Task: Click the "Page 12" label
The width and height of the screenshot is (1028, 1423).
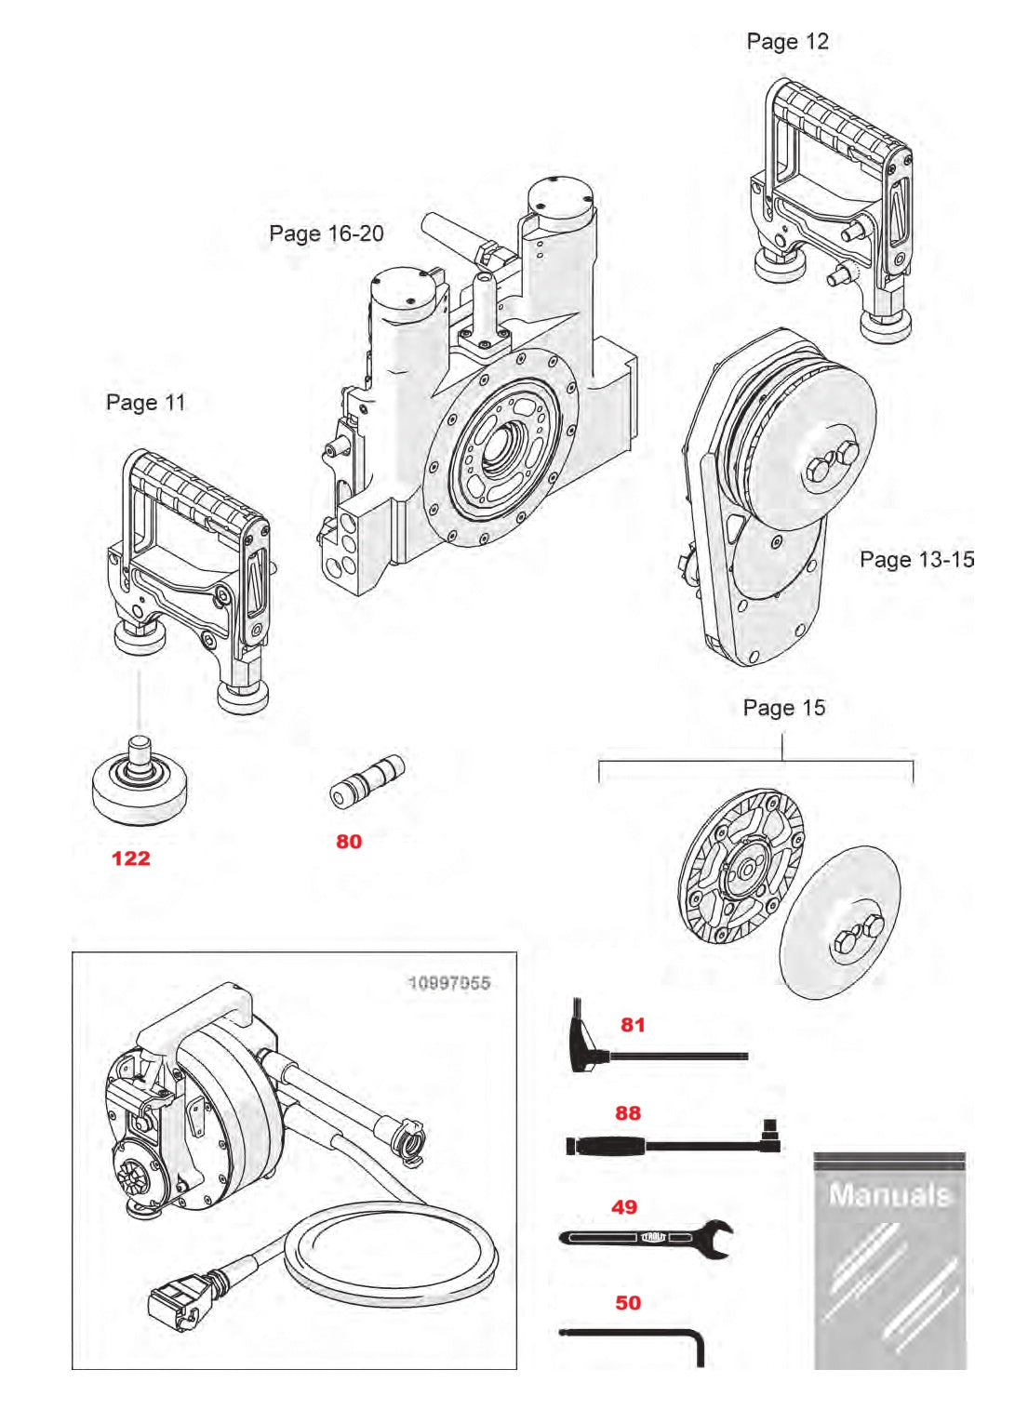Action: click(786, 42)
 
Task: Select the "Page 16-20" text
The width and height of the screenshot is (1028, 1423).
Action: click(326, 233)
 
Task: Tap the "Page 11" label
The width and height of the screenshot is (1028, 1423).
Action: click(145, 403)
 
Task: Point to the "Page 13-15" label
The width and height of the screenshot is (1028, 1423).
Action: click(915, 559)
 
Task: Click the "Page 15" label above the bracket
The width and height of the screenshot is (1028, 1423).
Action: click(783, 708)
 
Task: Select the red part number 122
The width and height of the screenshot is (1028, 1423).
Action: click(130, 858)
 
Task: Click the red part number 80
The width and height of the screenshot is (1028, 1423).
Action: click(349, 842)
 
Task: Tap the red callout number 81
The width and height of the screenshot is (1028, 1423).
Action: click(633, 1025)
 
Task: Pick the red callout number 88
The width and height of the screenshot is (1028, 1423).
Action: click(628, 1113)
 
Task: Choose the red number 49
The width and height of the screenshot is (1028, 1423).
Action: click(624, 1207)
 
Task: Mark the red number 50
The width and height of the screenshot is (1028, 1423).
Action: click(628, 1303)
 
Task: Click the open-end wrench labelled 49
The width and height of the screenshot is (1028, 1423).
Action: click(651, 1238)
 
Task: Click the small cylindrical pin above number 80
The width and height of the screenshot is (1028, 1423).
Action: click(367, 781)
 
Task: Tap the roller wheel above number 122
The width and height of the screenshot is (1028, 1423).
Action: click(140, 786)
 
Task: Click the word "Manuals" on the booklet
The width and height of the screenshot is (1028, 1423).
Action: click(889, 1195)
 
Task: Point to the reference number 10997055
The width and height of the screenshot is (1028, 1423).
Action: click(448, 983)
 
